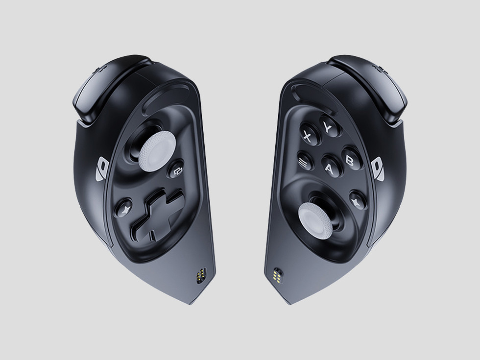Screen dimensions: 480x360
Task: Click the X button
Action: coord(309,135)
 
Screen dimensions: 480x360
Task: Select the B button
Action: coord(352,159)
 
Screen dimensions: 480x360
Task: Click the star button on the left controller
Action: coord(123,208)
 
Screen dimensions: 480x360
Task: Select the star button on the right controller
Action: coord(358,200)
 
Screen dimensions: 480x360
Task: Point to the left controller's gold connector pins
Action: coord(201,276)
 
